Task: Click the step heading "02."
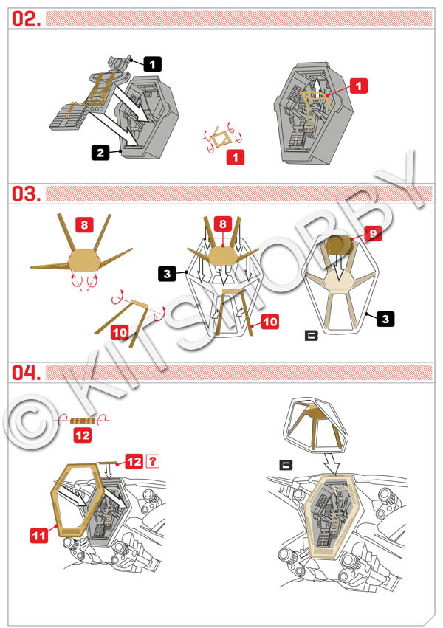26,19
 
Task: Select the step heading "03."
26,194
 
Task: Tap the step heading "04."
26,373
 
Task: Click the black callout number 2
100,153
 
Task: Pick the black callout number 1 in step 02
153,64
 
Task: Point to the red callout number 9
373,233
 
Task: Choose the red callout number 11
39,536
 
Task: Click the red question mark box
153,461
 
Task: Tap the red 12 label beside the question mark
134,461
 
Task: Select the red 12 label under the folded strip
83,435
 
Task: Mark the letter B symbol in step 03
312,336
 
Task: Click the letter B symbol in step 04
286,465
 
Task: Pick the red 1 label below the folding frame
236,157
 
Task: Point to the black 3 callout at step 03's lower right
385,320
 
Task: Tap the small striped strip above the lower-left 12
83,421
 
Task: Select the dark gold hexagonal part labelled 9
339,246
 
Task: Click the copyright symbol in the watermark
31,424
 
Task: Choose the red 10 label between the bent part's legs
120,332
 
